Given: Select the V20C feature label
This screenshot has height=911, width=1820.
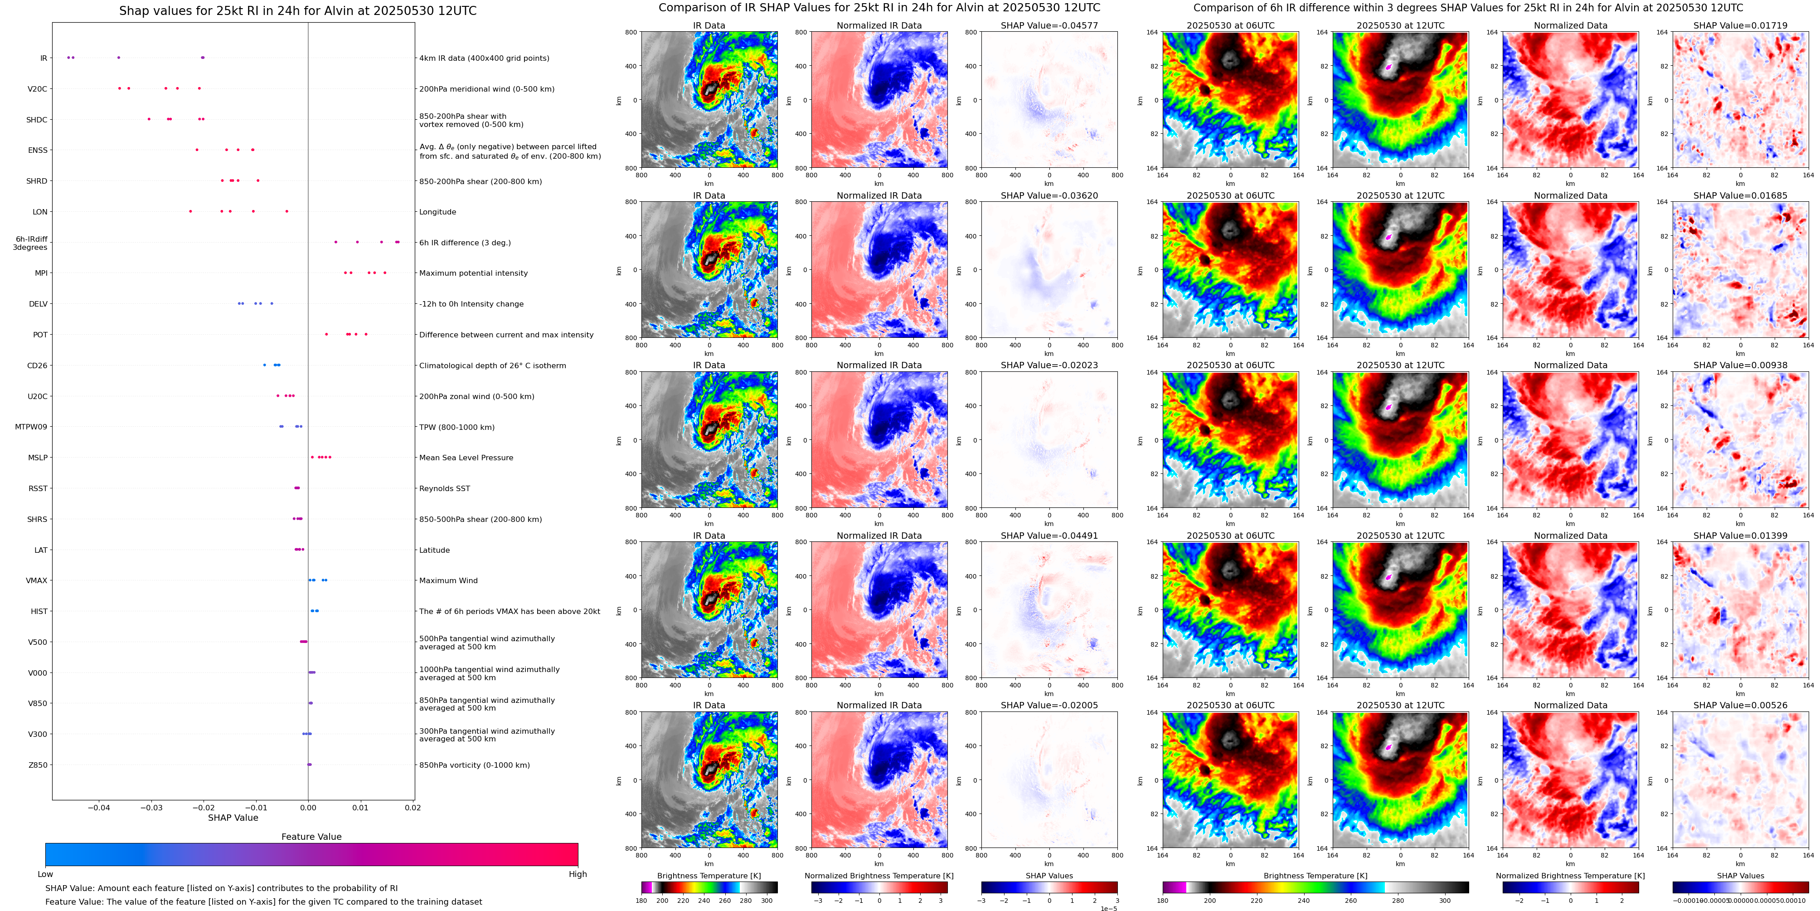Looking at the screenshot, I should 38,89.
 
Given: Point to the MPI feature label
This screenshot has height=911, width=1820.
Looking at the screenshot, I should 41,273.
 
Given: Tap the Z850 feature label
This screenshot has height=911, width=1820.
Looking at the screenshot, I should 38,765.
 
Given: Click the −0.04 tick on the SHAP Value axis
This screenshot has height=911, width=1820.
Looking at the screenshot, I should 98,808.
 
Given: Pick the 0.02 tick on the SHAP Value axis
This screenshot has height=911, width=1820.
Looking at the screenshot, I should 413,808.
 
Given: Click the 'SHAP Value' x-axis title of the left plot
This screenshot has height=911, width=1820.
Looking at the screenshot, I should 233,818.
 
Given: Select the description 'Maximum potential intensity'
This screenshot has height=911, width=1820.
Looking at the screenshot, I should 473,273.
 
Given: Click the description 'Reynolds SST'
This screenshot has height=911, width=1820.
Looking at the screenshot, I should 444,488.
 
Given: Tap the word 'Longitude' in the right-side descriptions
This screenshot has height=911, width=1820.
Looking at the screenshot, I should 437,212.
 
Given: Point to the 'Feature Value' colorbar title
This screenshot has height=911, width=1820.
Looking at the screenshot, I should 311,837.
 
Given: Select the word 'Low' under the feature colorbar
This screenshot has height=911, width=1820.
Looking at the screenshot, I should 45,874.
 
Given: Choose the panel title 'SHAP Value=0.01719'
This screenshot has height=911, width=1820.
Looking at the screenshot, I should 1740,25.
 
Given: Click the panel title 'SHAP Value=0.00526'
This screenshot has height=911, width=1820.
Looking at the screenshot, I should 1740,705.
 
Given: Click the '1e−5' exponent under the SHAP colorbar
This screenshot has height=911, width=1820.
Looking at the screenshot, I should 1108,908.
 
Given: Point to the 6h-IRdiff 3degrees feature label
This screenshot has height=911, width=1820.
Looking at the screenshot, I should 31,243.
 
